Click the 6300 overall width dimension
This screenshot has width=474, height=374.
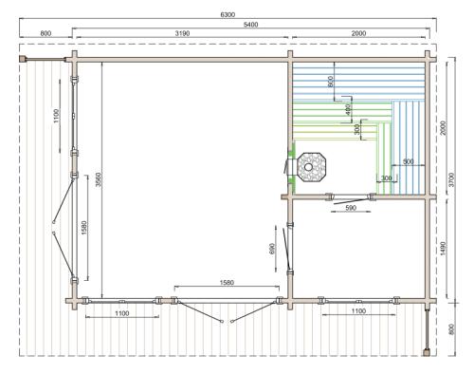pyautogui.click(x=228, y=14)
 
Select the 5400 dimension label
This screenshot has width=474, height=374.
pyautogui.click(x=250, y=25)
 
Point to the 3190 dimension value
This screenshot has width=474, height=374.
pyautogui.click(x=182, y=33)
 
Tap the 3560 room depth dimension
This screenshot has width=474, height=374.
pyautogui.click(x=99, y=179)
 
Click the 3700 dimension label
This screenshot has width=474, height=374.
pyautogui.click(x=451, y=179)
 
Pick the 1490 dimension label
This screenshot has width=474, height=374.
pyautogui.click(x=443, y=249)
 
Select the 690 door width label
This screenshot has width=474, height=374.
pyautogui.click(x=273, y=249)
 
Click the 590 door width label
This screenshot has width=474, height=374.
pyautogui.click(x=351, y=208)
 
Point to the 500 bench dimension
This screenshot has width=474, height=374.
pyautogui.click(x=409, y=161)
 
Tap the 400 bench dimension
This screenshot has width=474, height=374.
pyautogui.click(x=348, y=110)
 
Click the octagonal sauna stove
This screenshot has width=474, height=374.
pyautogui.click(x=312, y=167)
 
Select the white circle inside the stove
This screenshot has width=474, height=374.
pyautogui.click(x=308, y=167)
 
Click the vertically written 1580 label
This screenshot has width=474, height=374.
pyautogui.click(x=84, y=228)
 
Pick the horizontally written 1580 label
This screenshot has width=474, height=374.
pyautogui.click(x=227, y=282)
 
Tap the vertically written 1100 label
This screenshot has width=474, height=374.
pyautogui.click(x=56, y=116)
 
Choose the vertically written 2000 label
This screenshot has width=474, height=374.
pyautogui.click(x=443, y=128)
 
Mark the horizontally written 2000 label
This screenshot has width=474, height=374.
pyautogui.click(x=358, y=33)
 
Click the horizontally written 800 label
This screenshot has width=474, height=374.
pyautogui.click(x=46, y=33)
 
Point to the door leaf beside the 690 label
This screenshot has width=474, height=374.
pyautogui.click(x=286, y=248)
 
